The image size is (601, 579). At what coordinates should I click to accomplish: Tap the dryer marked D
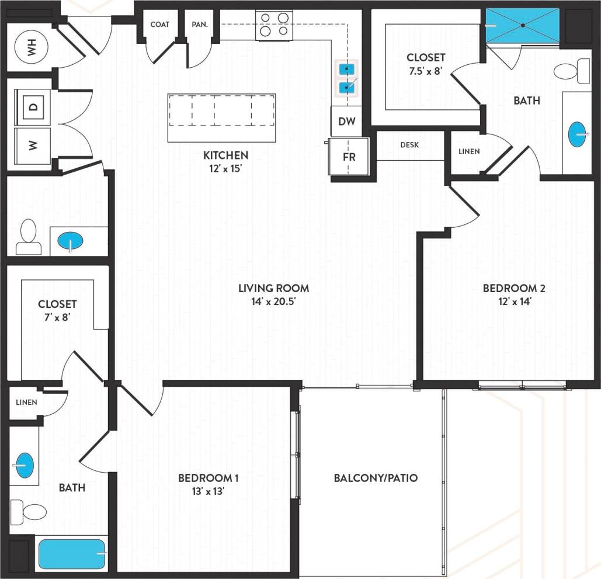(33, 107)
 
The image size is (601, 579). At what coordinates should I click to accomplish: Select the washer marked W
(33, 144)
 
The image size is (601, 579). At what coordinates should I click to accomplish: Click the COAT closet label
(160, 25)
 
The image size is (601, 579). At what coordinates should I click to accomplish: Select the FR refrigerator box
(349, 157)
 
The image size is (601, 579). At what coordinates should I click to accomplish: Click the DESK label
(409, 145)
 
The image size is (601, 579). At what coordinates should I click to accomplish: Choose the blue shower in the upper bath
(522, 25)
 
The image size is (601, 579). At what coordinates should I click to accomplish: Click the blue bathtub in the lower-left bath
(72, 554)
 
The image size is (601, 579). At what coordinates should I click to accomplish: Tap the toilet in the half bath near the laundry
(28, 237)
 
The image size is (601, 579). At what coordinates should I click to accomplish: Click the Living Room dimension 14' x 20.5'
(273, 302)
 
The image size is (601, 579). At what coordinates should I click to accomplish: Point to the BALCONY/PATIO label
(376, 478)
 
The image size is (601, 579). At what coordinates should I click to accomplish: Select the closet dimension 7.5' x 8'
(426, 71)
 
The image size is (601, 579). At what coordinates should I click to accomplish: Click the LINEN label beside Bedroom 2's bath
(469, 151)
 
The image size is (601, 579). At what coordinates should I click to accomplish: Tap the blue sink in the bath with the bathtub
(24, 466)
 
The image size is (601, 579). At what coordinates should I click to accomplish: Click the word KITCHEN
(225, 155)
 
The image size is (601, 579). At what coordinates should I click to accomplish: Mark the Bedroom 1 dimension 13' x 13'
(208, 492)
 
